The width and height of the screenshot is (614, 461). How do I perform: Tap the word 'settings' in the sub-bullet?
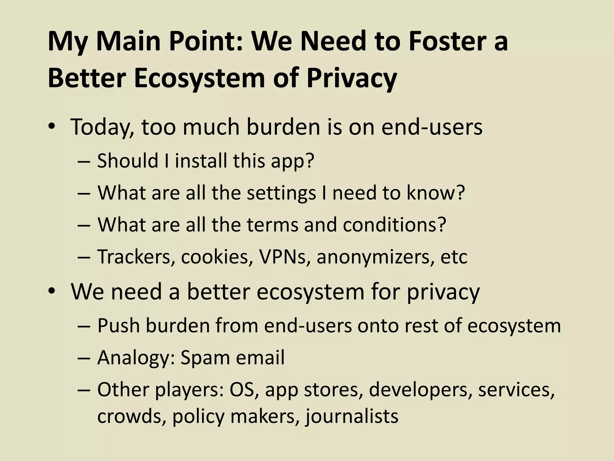click(x=281, y=193)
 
